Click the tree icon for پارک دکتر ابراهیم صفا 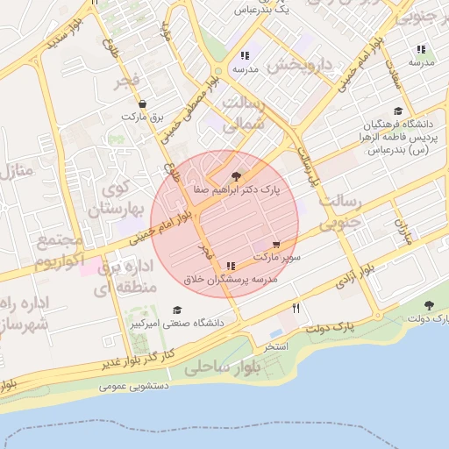tap(234, 176)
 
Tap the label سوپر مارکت tap(278, 258)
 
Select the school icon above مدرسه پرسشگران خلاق tap(231, 266)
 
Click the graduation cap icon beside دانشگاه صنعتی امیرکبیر tap(178, 310)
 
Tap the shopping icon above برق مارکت tap(142, 103)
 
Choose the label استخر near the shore tap(276, 347)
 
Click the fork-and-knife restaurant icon tap(296, 308)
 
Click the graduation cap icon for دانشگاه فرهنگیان tap(398, 111)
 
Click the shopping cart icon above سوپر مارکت tap(277, 246)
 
